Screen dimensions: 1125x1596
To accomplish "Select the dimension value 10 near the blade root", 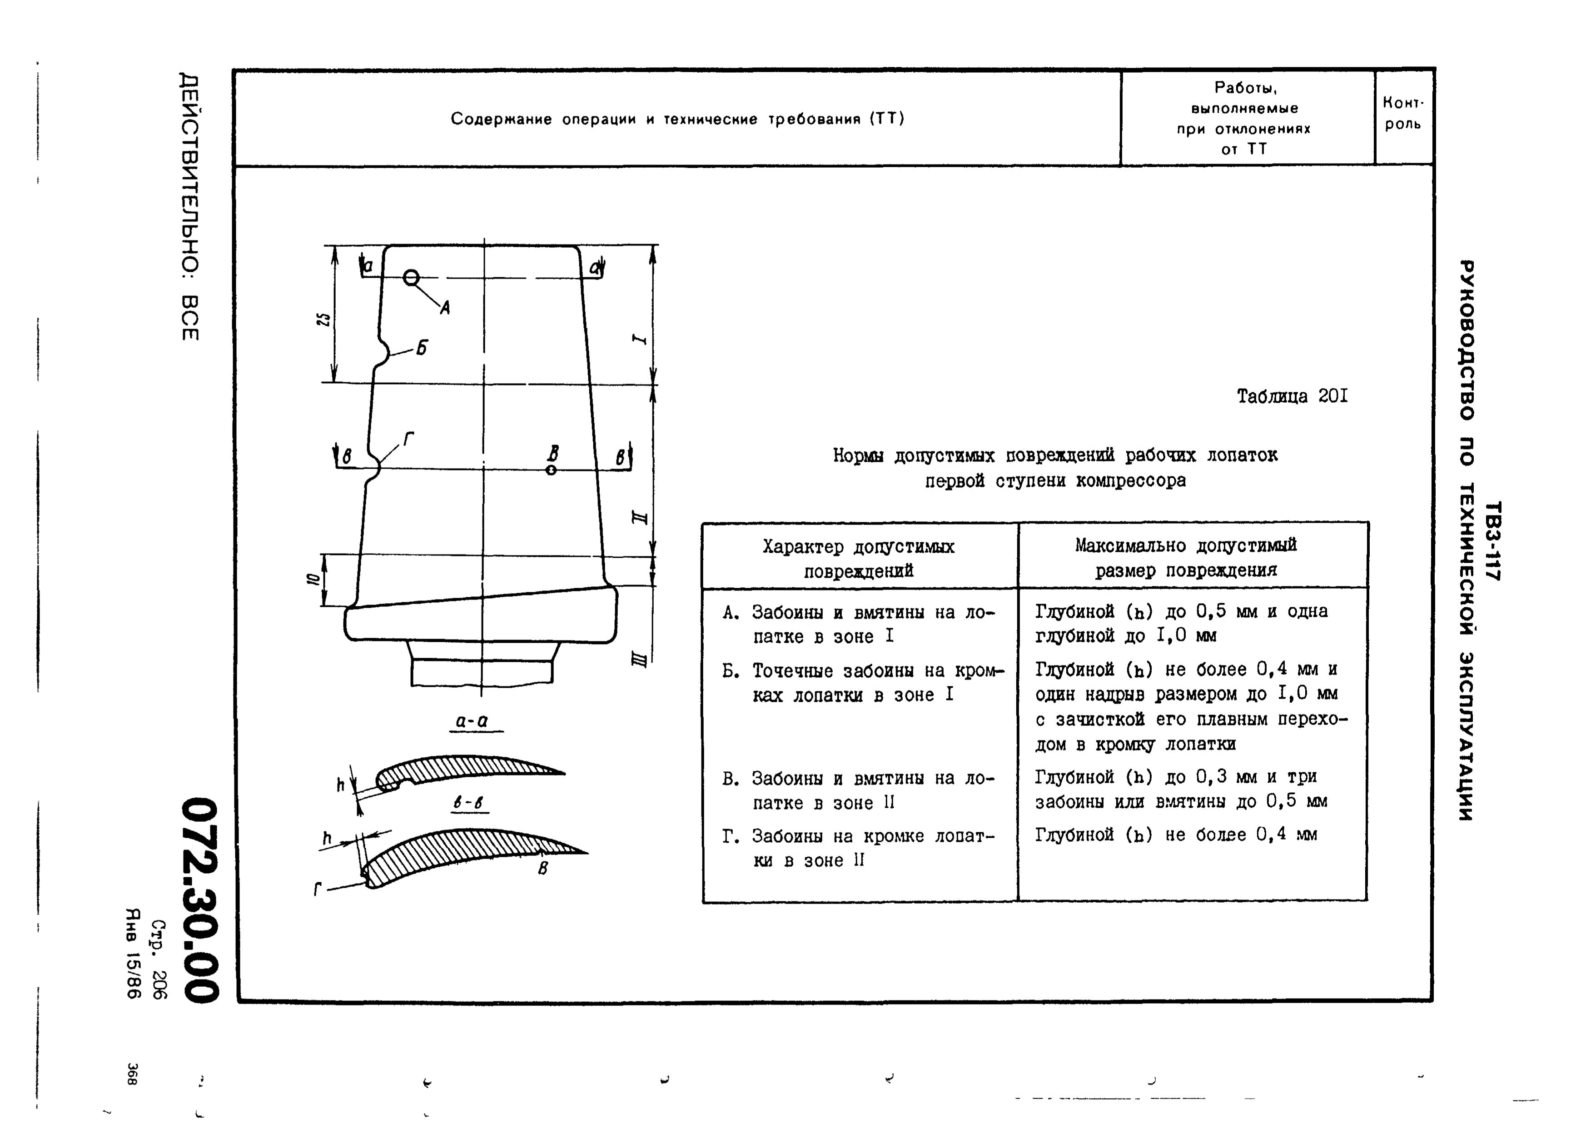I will pos(313,579).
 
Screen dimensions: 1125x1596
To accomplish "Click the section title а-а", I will pos(472,721).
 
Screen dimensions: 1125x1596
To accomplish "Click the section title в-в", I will pos(471,803).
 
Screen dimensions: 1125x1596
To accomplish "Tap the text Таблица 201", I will pos(1292,396).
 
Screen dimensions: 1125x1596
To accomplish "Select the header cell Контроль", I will pos(1403,114).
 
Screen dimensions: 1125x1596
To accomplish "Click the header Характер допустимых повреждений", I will pos(859,558).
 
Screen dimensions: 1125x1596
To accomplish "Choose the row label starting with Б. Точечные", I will pos(863,683).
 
